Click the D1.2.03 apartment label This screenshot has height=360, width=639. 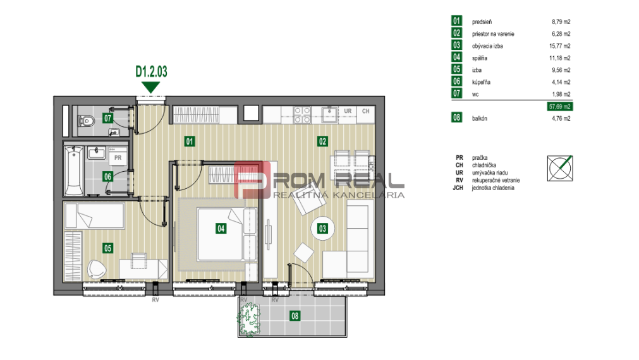coord(151,72)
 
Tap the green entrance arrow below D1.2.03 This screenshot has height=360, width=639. coord(151,87)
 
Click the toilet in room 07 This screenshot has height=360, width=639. coord(87,120)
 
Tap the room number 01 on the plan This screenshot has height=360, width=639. coord(189,141)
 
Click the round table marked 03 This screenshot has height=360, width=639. coord(323,228)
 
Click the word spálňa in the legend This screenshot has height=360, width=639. coord(480,58)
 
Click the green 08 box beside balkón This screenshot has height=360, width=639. coord(457,118)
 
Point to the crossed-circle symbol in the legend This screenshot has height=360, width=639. coord(560,169)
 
